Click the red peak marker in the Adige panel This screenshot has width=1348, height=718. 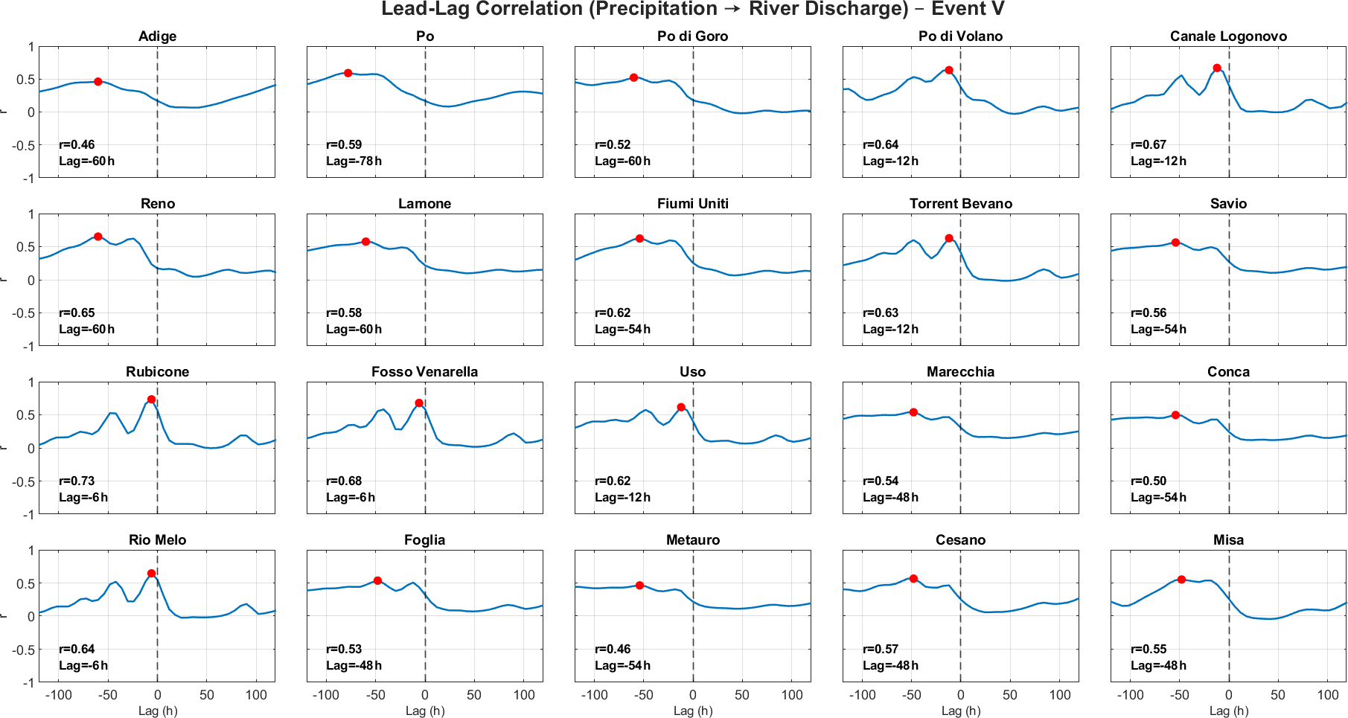[x=98, y=82]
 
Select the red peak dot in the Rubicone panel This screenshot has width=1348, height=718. [x=151, y=400]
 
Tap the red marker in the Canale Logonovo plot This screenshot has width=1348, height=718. [x=1217, y=68]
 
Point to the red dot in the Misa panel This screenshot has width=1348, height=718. [x=1181, y=580]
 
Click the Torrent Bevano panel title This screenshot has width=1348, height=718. [x=960, y=204]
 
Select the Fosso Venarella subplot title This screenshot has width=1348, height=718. [x=424, y=372]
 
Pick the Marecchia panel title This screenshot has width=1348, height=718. [x=960, y=372]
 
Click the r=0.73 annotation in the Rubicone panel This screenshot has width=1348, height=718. [x=77, y=481]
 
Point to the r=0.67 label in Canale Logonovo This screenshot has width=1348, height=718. [x=1149, y=144]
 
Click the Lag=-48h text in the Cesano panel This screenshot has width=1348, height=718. [x=890, y=665]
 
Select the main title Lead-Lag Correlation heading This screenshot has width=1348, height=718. [x=693, y=10]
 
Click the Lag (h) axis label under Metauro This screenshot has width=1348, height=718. [x=693, y=711]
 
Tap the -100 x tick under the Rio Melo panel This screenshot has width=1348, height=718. [x=58, y=695]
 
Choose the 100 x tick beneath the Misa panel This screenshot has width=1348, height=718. [x=1328, y=695]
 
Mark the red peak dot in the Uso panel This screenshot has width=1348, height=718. [x=681, y=407]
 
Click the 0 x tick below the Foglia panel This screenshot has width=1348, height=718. [x=425, y=695]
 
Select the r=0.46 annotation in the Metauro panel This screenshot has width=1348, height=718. [x=613, y=649]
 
